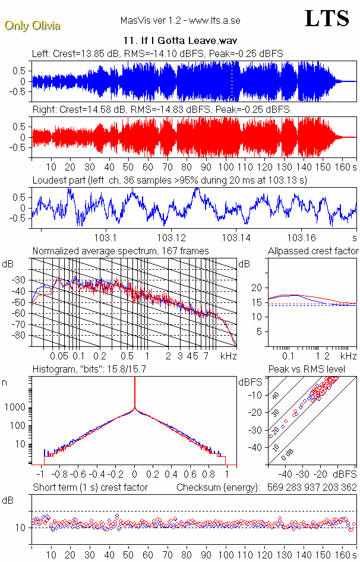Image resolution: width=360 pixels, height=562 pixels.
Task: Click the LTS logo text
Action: tap(327, 19)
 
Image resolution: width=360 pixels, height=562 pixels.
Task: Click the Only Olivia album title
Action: tap(32, 26)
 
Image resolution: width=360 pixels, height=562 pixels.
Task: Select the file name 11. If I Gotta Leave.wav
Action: tap(180, 42)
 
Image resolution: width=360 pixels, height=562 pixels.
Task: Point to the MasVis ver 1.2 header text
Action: tap(180, 20)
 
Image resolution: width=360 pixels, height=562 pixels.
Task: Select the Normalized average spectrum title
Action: tap(121, 251)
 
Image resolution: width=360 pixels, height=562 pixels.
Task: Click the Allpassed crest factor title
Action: tap(313, 251)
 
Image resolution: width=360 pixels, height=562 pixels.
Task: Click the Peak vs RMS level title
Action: tap(314, 370)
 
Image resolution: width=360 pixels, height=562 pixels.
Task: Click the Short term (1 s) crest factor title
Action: tap(90, 488)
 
